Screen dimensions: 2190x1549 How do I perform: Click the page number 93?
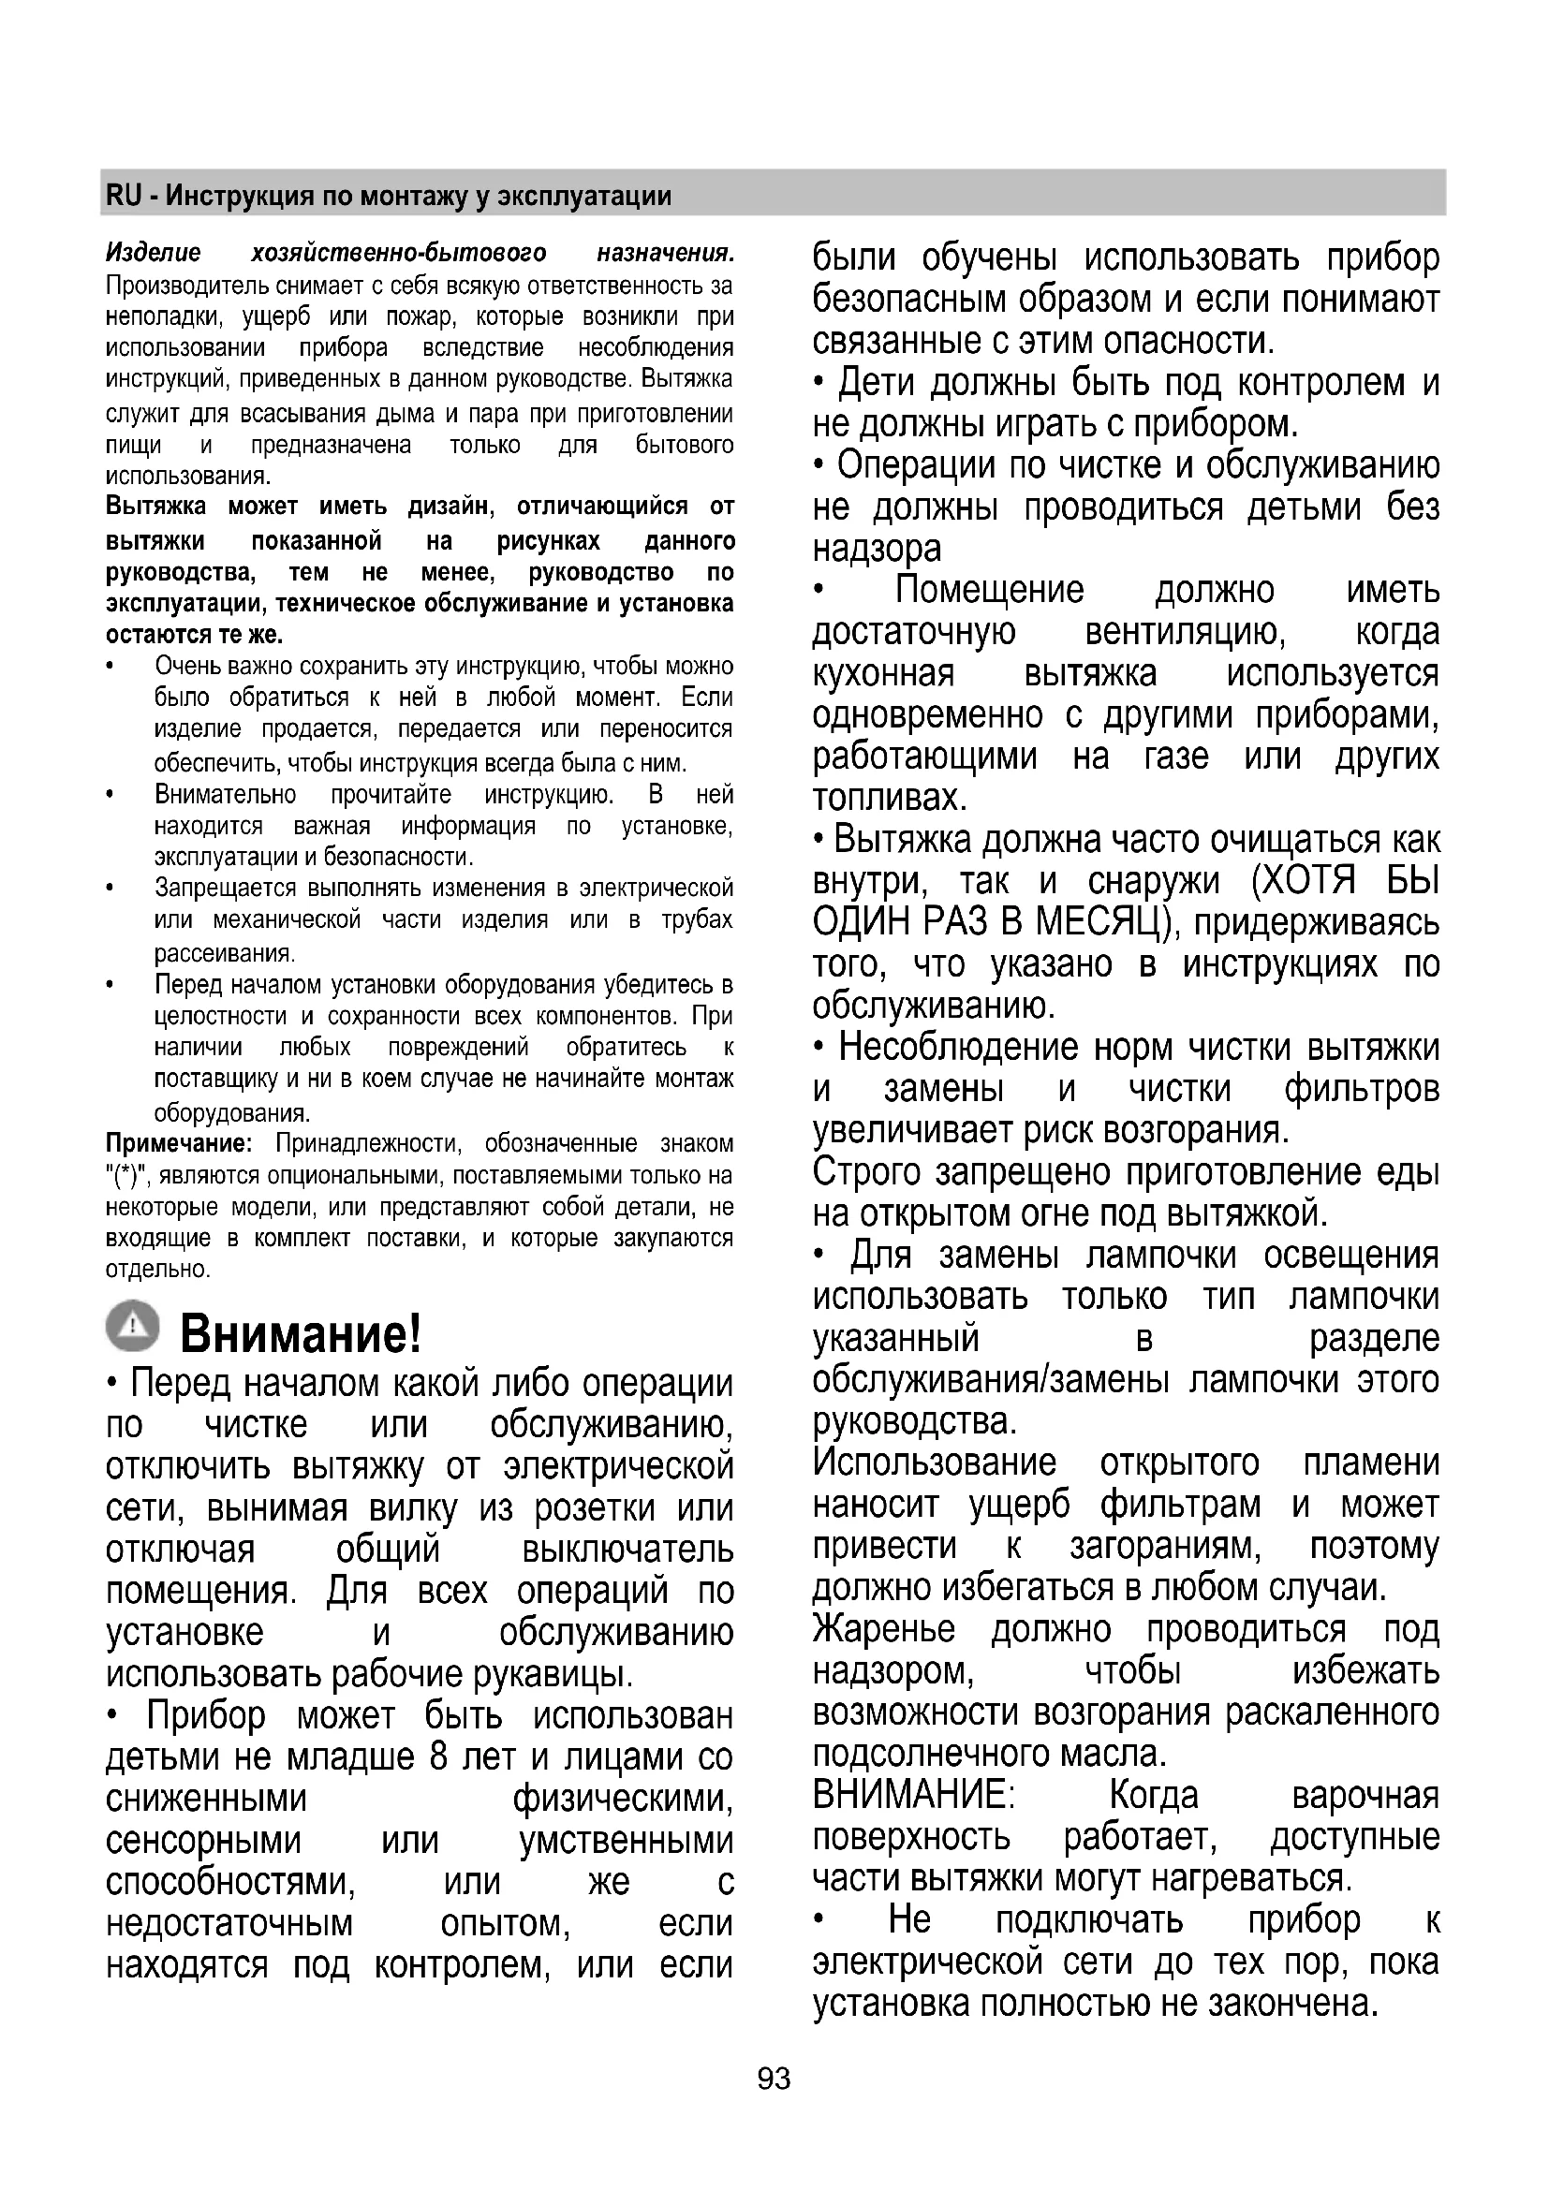pos(774,2079)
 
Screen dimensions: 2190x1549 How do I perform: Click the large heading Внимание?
pos(301,1332)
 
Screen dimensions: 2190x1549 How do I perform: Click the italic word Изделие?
pos(154,253)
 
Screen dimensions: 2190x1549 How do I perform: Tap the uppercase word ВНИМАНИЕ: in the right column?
pos(913,1796)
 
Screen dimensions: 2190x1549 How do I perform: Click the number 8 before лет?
pos(438,1756)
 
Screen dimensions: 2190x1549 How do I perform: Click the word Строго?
pos(866,1172)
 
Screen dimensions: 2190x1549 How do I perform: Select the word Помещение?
pos(989,591)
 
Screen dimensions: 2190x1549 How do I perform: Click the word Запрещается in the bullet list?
pos(225,888)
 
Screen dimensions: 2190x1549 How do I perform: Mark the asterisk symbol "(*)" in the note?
pos(123,1176)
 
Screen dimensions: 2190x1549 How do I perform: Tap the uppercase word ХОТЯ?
pos(1302,881)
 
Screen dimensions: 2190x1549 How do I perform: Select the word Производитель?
pos(187,286)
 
